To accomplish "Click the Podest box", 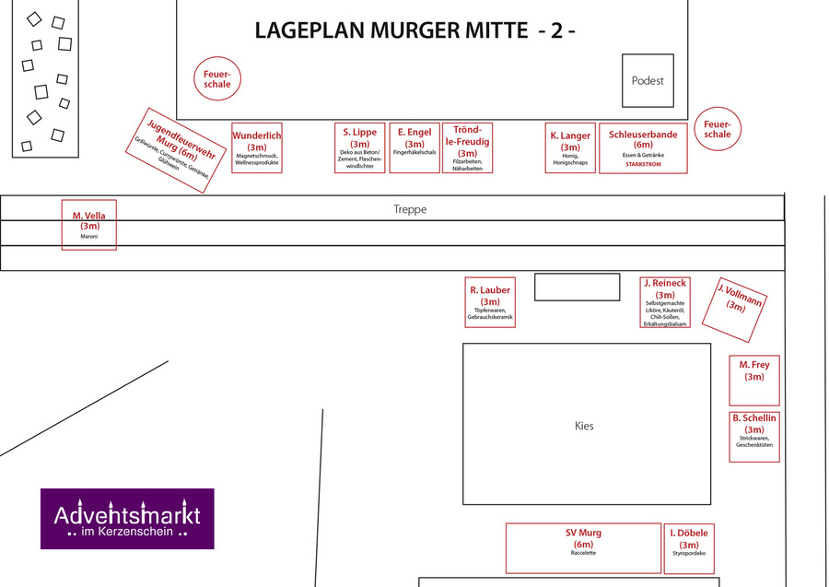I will tap(648, 80).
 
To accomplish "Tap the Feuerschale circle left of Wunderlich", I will tap(217, 79).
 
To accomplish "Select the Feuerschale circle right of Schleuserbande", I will tap(718, 128).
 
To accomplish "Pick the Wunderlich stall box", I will tap(257, 147).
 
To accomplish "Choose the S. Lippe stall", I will tap(359, 147).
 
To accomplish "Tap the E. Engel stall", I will tap(414, 147).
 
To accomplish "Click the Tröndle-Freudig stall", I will tap(468, 147).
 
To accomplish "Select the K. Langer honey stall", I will tap(570, 147).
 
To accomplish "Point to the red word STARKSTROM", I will tap(643, 164).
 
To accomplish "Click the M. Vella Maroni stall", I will tap(89, 224).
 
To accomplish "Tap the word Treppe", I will tap(410, 210).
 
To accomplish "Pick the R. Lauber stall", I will tap(490, 301).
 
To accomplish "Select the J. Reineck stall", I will tap(665, 302).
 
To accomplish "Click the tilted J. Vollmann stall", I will tap(734, 305).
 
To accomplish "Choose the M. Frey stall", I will tap(754, 380).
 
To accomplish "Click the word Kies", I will tap(584, 426).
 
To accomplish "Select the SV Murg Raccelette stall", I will tap(583, 547).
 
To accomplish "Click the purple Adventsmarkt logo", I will tap(127, 518).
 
